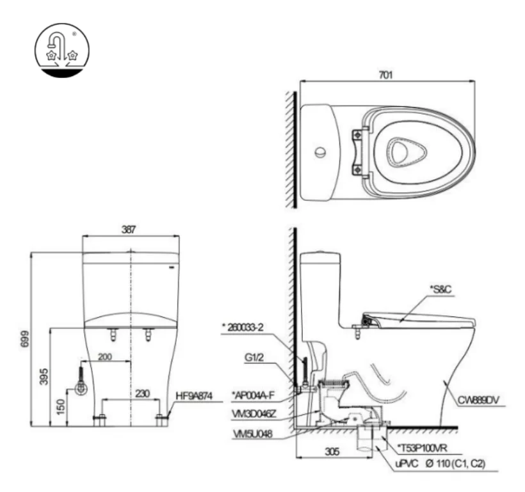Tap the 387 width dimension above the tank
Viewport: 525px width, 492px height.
[131, 229]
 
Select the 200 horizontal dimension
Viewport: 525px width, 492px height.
[106, 356]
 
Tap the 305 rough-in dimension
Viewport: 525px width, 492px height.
[330, 451]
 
